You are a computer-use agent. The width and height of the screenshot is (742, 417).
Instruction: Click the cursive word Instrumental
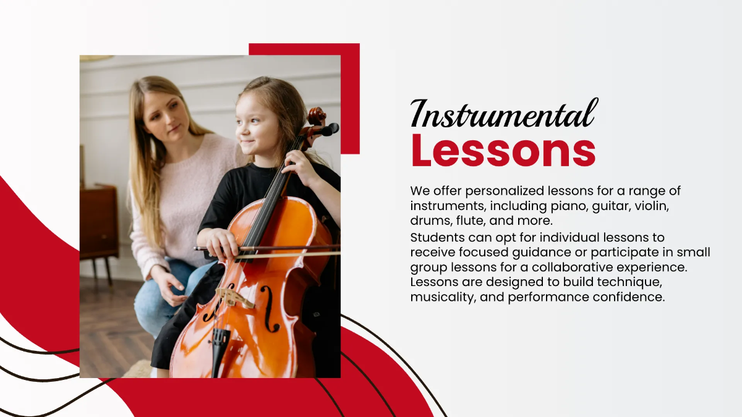pos(504,114)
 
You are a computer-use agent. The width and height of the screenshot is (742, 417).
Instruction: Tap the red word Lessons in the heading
pos(503,151)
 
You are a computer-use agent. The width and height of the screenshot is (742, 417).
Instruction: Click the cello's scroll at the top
pos(317,116)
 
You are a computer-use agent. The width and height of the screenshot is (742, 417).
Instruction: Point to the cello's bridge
pos(234,298)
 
